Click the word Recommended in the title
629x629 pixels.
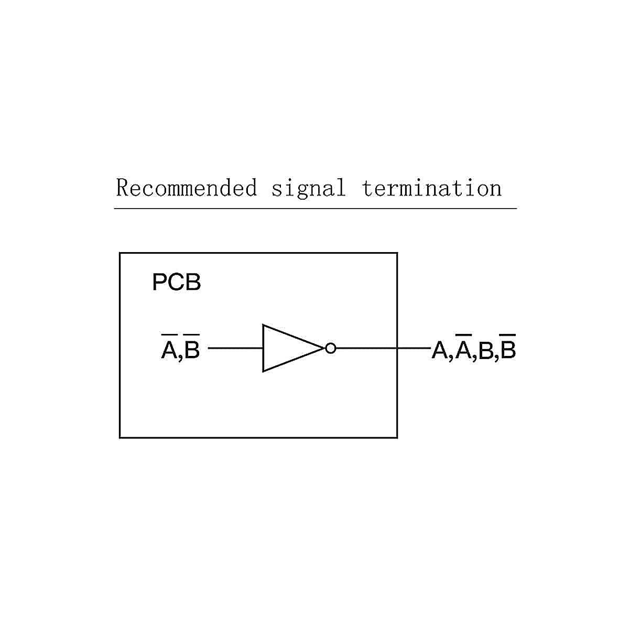click(187, 188)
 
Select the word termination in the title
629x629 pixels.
click(431, 188)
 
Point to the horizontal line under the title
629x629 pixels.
click(315, 209)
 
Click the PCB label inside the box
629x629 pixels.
click(177, 283)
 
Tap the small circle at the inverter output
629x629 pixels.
click(330, 348)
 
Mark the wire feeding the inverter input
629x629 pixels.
click(235, 348)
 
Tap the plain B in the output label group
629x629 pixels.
click(486, 350)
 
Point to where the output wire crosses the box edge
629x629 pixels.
click(397, 348)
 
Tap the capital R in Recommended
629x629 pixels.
click(122, 188)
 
